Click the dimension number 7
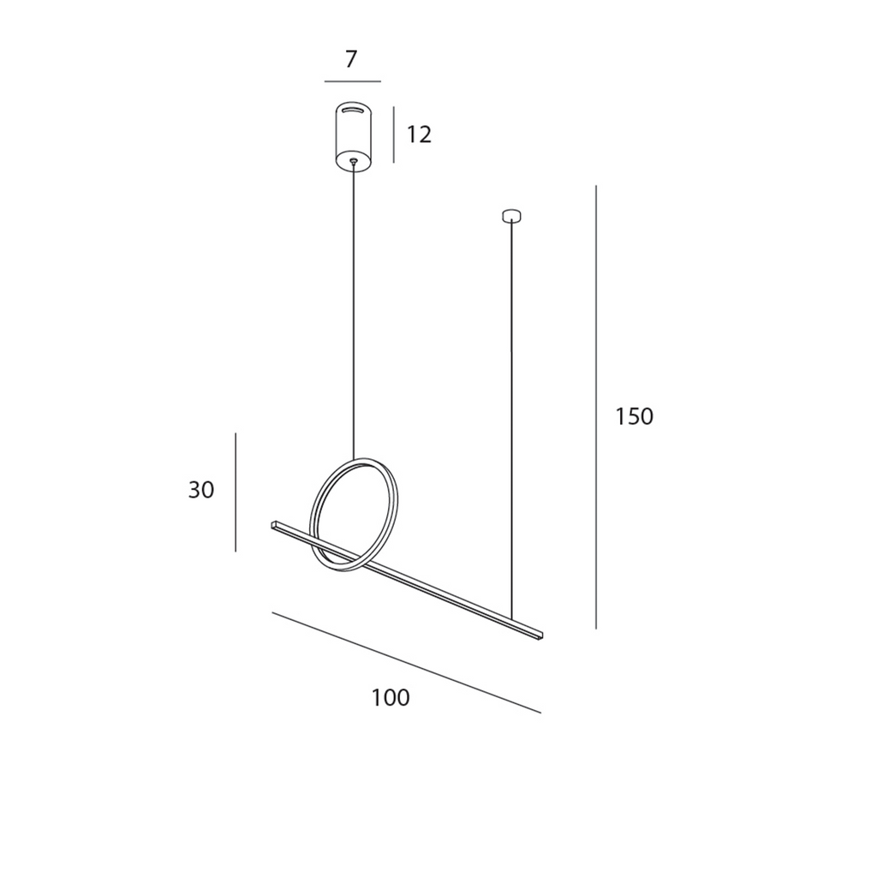coord(350,59)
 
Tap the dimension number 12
coord(419,134)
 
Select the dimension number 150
coord(635,417)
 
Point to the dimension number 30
coord(201,490)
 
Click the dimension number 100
coord(391,697)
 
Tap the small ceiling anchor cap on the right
coord(512,215)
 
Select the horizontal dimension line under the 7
coord(352,81)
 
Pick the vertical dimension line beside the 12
coord(394,134)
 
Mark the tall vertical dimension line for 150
coord(596,407)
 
